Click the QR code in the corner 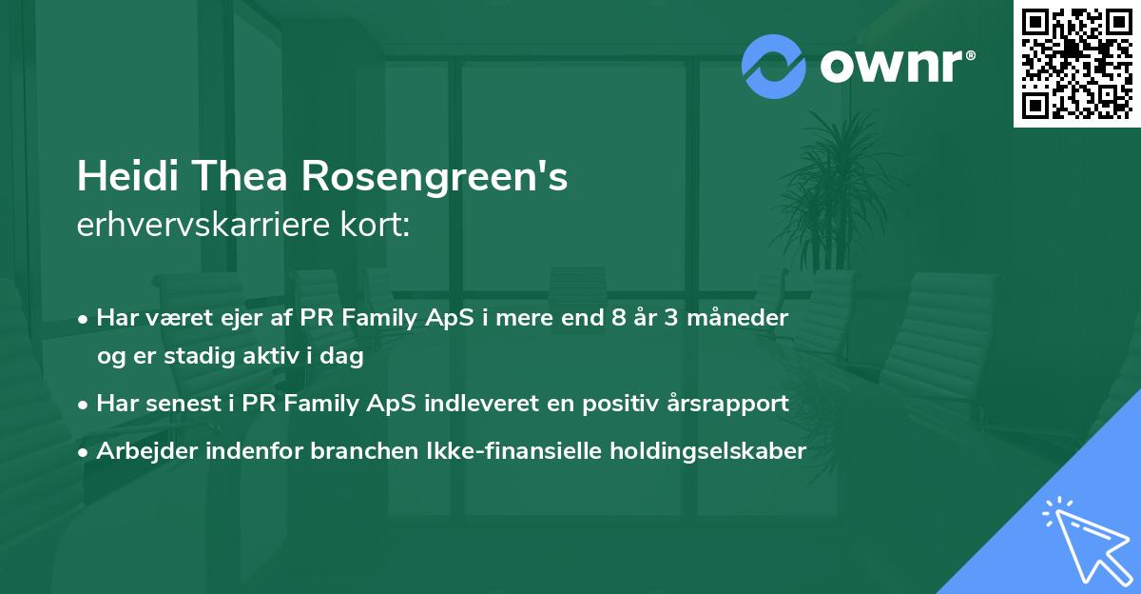point(1077,63)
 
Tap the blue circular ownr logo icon point(774,66)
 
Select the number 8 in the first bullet point(620,318)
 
